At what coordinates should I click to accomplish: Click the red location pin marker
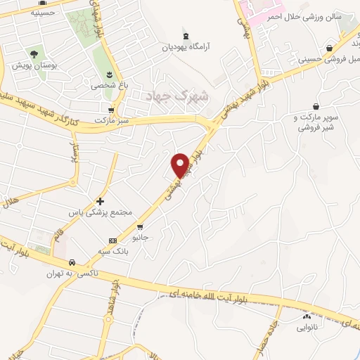[180, 165]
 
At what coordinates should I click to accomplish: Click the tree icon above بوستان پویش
[33, 53]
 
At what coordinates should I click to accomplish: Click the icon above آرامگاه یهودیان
[185, 36]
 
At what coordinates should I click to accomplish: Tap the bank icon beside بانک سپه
[113, 240]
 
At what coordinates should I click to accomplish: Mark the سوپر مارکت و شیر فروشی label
[317, 122]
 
